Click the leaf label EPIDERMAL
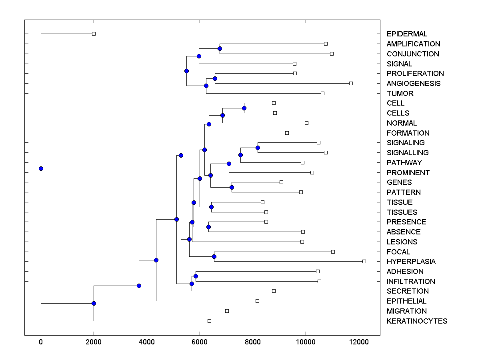click(x=407, y=34)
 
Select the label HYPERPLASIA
click(x=411, y=262)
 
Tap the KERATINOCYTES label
click(x=417, y=321)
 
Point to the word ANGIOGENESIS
click(x=414, y=84)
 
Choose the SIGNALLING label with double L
click(x=408, y=153)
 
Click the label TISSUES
click(x=402, y=212)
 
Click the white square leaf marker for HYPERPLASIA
click(x=364, y=261)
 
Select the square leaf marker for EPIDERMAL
click(x=94, y=34)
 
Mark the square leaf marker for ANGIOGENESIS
click(x=351, y=83)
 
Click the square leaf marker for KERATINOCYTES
click(x=209, y=321)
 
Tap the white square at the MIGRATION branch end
click(x=227, y=311)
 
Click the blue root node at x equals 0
click(x=41, y=168)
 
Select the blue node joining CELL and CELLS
click(x=244, y=108)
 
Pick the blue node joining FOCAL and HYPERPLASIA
click(x=214, y=256)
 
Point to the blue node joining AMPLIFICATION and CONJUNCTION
click(x=220, y=48)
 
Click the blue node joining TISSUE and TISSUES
click(x=211, y=207)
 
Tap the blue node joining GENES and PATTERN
click(x=232, y=187)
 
